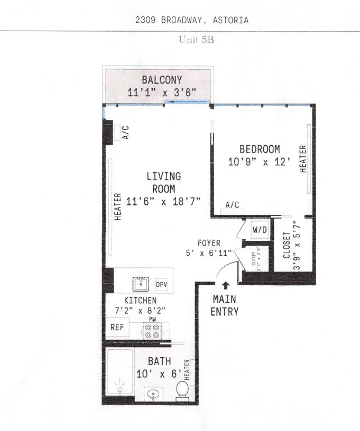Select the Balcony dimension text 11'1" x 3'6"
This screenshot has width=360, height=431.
click(162, 92)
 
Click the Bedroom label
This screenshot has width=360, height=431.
click(259, 149)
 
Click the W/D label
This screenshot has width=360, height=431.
click(259, 230)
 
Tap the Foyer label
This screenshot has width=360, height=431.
click(209, 243)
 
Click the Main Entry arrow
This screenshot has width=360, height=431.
click(226, 286)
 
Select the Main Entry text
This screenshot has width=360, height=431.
click(224, 305)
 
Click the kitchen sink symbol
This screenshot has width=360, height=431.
click(141, 284)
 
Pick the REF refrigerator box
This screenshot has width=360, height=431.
click(117, 327)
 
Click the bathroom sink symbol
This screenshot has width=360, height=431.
click(152, 394)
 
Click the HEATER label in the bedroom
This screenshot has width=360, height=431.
click(303, 158)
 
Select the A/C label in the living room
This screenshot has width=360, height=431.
click(126, 132)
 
